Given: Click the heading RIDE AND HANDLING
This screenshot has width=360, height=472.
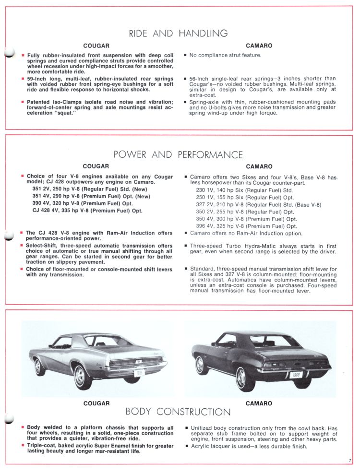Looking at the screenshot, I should [x=178, y=34].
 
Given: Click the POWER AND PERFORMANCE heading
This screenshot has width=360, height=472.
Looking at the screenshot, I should [x=178, y=154].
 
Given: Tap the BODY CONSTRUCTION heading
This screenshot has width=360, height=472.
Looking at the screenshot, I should [x=178, y=412].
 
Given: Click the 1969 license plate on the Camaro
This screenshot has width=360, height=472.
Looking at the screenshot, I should [x=296, y=374].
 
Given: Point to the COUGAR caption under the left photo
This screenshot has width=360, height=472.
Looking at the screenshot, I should [x=96, y=403].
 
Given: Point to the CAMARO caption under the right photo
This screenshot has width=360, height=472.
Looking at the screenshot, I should [x=259, y=403].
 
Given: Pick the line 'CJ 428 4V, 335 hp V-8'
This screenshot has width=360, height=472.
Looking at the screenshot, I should [x=87, y=210].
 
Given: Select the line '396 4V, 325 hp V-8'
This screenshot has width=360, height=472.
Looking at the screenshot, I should [x=247, y=226].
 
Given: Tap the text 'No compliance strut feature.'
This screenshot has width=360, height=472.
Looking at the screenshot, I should [x=225, y=55].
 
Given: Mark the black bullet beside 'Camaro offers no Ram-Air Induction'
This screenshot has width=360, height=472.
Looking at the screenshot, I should [x=185, y=234].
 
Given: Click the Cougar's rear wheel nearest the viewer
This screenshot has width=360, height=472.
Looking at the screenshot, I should [x=82, y=376].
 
